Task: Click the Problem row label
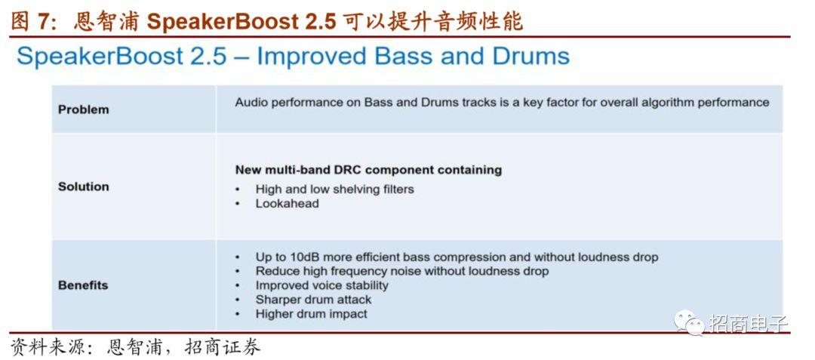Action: (x=84, y=109)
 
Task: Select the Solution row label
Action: (x=84, y=186)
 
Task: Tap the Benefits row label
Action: (x=83, y=285)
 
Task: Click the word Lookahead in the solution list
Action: (x=287, y=204)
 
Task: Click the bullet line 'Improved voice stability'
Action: (x=321, y=286)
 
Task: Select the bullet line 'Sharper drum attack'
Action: (x=313, y=300)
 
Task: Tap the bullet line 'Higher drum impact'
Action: (x=312, y=314)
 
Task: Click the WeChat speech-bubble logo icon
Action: (x=689, y=322)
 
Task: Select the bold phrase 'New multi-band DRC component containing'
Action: (x=368, y=170)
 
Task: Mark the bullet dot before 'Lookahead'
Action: (x=238, y=205)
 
